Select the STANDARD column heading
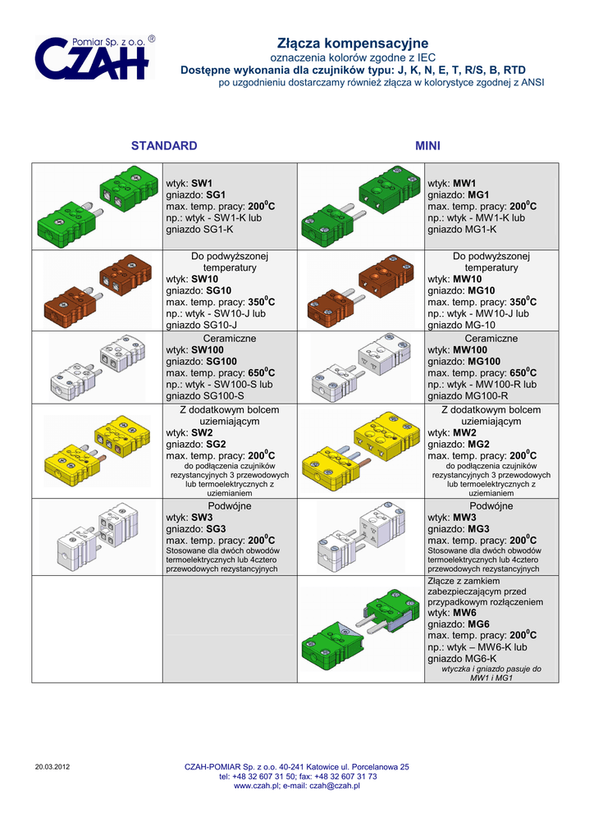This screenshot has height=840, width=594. click(x=164, y=146)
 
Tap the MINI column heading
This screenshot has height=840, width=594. click(x=427, y=146)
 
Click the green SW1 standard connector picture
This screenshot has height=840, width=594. click(x=97, y=206)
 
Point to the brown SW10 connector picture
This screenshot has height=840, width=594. click(x=97, y=290)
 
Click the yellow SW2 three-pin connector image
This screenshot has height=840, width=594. click(x=97, y=450)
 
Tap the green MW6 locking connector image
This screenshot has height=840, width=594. click(x=360, y=629)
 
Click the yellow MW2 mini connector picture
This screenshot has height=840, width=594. click(x=360, y=450)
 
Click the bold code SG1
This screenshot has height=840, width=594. click(x=216, y=194)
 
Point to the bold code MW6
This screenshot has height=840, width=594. click(x=464, y=613)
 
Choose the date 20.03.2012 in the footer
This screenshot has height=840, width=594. click(x=53, y=767)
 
